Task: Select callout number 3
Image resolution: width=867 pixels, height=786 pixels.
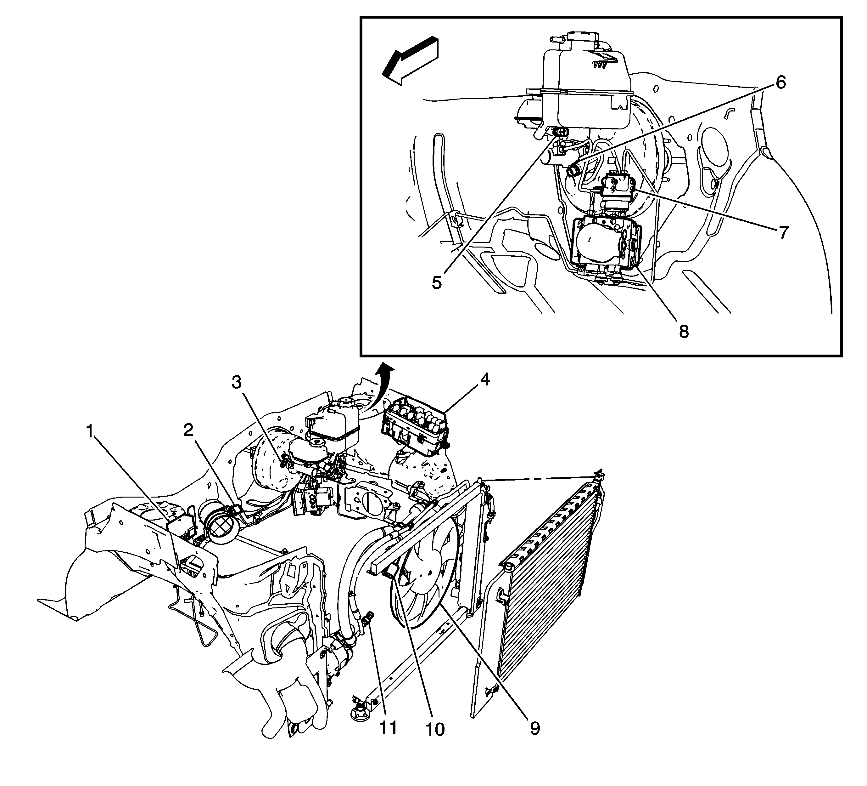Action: click(x=237, y=382)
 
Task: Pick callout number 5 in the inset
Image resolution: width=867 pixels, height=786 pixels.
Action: click(x=437, y=283)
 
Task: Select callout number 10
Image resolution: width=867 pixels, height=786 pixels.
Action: click(x=435, y=729)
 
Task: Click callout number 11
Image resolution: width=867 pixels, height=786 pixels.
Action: click(x=388, y=727)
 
